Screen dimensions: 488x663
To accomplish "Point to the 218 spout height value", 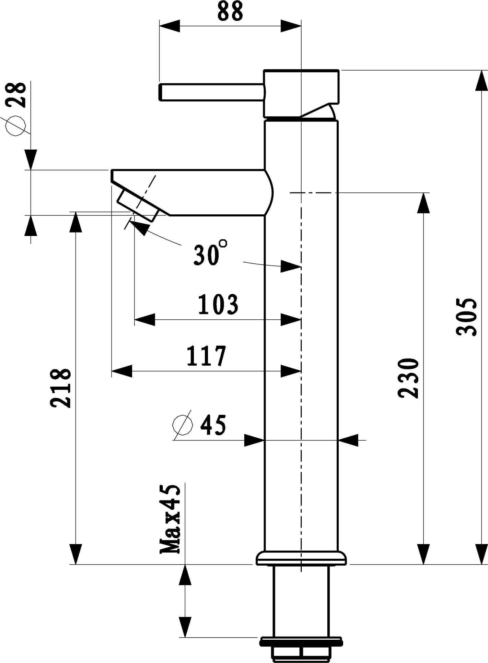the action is [61, 388].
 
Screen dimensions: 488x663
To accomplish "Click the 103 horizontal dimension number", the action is [218, 304].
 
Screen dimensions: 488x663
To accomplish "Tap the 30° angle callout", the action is [210, 253].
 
